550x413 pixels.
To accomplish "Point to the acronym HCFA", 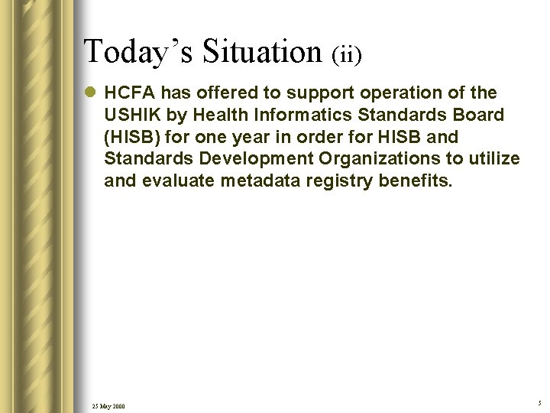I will (x=128, y=93).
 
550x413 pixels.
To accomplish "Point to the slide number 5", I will (x=539, y=402).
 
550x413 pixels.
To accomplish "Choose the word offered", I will (x=225, y=93).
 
